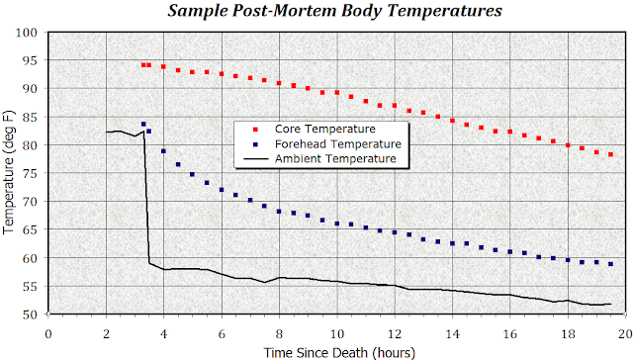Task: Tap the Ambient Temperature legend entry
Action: (334, 157)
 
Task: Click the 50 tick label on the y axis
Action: (29, 315)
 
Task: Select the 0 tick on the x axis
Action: (47, 332)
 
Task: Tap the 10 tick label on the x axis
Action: (337, 332)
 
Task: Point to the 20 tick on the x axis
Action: (626, 332)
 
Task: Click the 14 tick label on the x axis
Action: (453, 332)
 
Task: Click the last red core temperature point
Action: (611, 155)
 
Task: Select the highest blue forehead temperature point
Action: (143, 125)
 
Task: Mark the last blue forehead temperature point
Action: (611, 264)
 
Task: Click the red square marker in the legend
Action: (254, 130)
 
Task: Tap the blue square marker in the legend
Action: (254, 143)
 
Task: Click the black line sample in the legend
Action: (254, 157)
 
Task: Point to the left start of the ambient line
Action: (106, 132)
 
